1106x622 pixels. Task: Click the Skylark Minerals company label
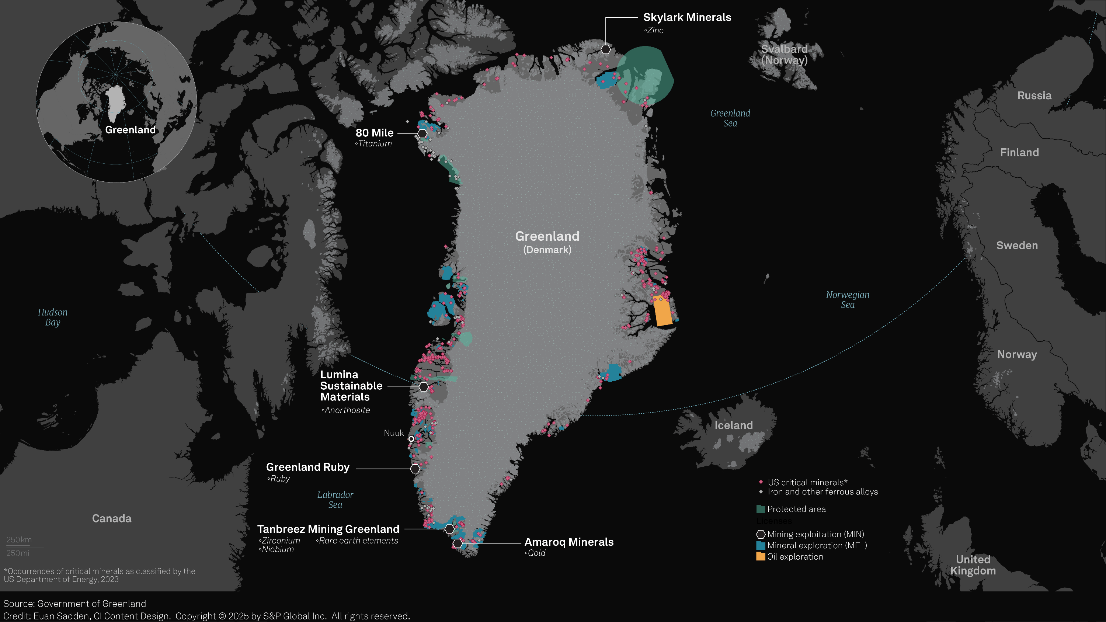point(687,18)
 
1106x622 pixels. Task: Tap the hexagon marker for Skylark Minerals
point(605,49)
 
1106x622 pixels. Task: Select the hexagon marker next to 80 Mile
point(422,133)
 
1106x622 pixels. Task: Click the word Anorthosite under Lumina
point(347,410)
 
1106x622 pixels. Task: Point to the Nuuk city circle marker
point(411,439)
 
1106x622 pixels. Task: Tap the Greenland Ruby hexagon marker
point(415,469)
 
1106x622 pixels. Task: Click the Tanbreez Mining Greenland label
point(328,529)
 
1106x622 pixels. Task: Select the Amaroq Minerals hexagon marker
point(458,543)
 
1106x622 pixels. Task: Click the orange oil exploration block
point(662,311)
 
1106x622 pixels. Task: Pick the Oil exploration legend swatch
point(760,557)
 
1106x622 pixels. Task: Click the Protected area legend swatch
point(760,509)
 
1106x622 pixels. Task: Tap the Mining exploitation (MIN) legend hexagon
point(760,534)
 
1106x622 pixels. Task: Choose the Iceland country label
point(733,425)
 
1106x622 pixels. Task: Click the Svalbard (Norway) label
point(785,55)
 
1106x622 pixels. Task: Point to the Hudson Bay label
point(53,317)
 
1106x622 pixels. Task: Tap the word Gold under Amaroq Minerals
point(536,553)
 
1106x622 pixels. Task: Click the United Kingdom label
point(973,565)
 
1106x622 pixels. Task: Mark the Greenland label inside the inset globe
point(131,130)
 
